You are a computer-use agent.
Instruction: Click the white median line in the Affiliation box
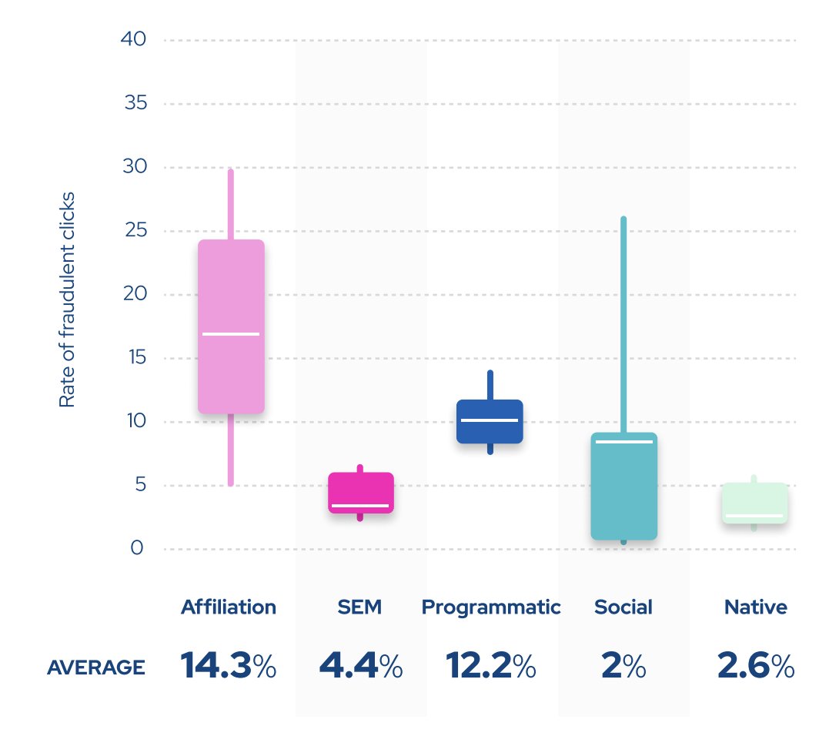coord(231,334)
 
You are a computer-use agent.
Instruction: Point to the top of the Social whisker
coord(623,219)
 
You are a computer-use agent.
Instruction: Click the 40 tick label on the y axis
coord(134,39)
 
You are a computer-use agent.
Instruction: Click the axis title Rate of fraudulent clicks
coord(67,299)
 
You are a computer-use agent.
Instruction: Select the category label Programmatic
coord(491,607)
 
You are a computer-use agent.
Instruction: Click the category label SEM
coord(359,607)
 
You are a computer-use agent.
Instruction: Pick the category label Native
coord(755,607)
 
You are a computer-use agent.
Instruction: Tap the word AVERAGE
coord(95,667)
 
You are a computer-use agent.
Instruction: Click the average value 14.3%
coord(229,666)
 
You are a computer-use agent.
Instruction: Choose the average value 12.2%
coord(491,666)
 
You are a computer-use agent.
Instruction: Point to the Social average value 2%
coord(623,666)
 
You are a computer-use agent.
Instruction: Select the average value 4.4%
coord(360,666)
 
